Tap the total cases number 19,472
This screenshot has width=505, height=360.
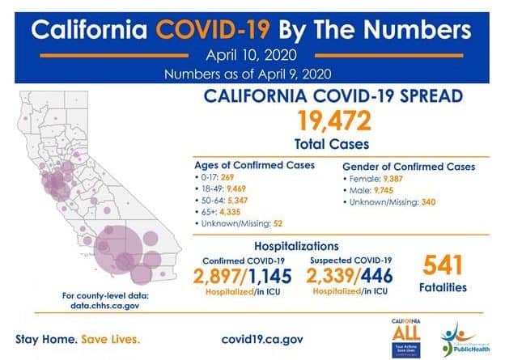(334, 121)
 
